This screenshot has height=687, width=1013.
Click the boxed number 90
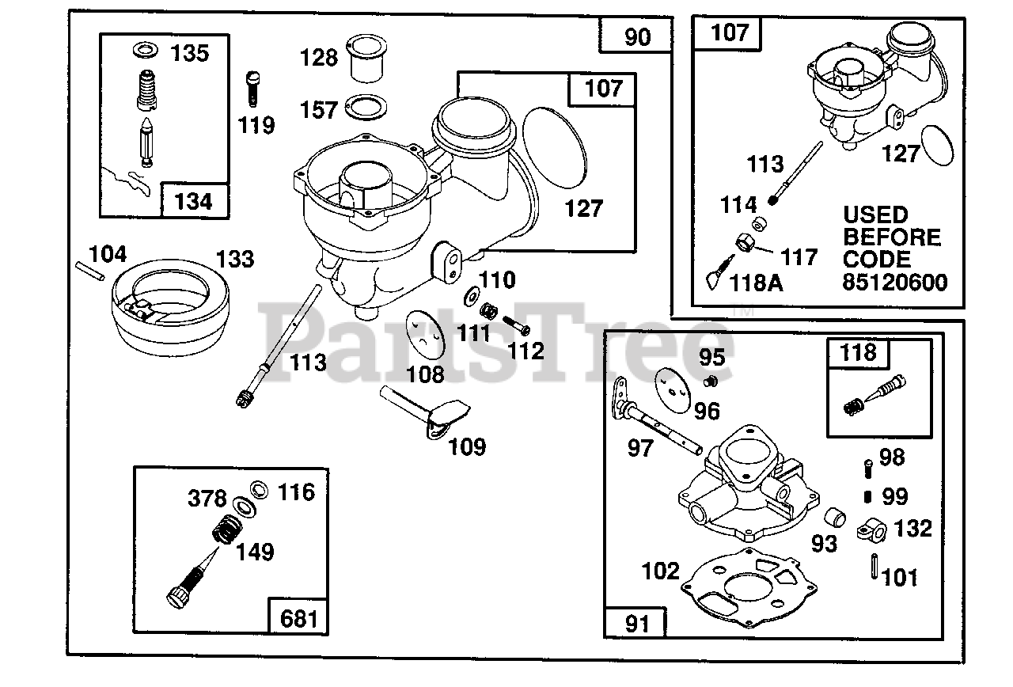(x=637, y=37)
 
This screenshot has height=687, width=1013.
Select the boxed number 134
(x=193, y=202)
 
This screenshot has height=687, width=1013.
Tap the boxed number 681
(x=299, y=617)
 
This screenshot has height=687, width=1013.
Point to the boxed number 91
(x=635, y=624)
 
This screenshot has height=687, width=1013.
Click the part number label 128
(x=319, y=58)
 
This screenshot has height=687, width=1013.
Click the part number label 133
(x=235, y=259)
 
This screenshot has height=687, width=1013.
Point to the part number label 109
(x=467, y=446)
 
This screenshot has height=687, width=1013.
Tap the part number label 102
(x=661, y=571)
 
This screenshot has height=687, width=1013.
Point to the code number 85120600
(x=895, y=283)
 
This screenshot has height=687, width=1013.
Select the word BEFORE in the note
(x=892, y=237)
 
